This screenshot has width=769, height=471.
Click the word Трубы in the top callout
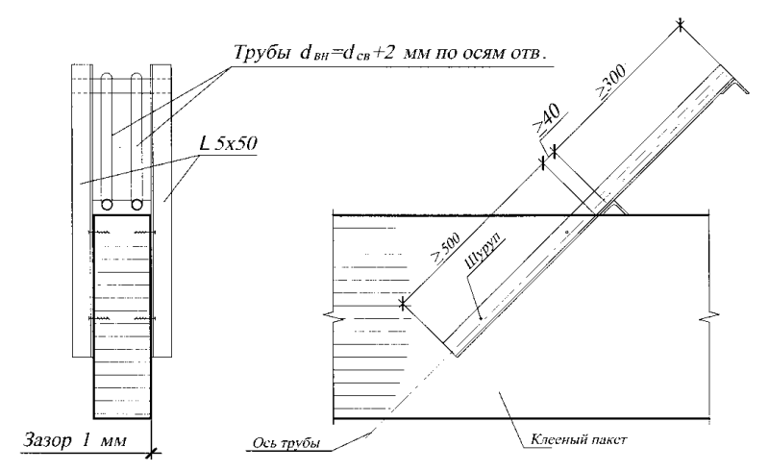[261, 53]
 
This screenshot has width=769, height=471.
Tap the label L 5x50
[228, 143]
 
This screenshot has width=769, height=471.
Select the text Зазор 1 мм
[75, 440]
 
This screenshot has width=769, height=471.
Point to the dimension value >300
[611, 81]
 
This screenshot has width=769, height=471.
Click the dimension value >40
[546, 120]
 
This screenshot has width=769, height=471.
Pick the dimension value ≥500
[445, 249]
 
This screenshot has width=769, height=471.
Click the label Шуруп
[485, 251]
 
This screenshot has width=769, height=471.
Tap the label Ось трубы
[286, 443]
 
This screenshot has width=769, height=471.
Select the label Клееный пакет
[579, 439]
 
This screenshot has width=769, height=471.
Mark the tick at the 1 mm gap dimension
[152, 453]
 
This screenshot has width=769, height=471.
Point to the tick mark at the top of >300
[681, 25]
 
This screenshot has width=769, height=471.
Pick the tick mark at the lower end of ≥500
[403, 304]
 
